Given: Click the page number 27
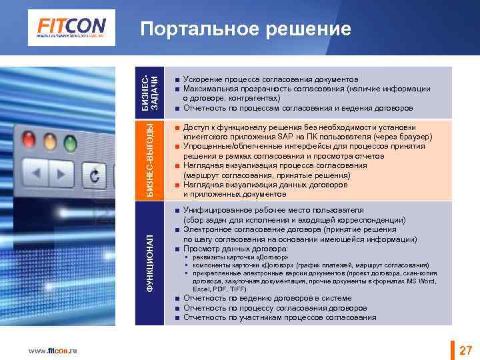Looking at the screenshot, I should tap(465, 351).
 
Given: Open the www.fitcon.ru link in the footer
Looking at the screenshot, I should tap(53, 351).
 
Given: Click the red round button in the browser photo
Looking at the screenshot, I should tap(29, 140).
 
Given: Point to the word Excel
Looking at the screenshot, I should tap(201, 289).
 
